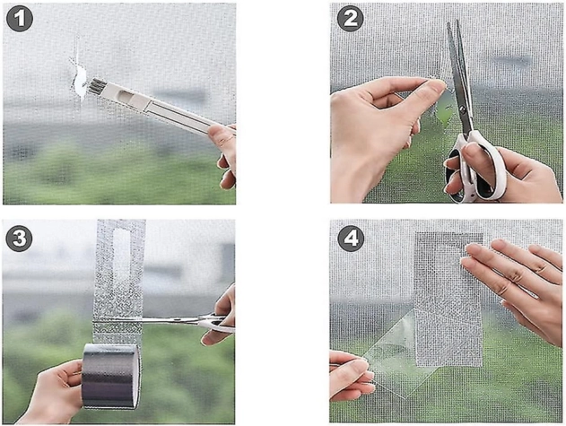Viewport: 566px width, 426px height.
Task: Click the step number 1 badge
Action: click(20, 19)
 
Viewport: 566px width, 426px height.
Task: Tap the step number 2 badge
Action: click(350, 19)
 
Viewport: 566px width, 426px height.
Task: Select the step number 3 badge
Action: click(20, 239)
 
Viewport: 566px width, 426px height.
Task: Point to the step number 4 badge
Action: click(351, 239)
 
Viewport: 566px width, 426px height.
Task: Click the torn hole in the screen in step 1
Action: click(80, 83)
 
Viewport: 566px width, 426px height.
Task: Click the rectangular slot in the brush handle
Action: click(129, 97)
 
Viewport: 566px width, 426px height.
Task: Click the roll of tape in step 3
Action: click(110, 376)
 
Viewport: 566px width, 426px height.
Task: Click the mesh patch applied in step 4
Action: click(449, 300)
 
